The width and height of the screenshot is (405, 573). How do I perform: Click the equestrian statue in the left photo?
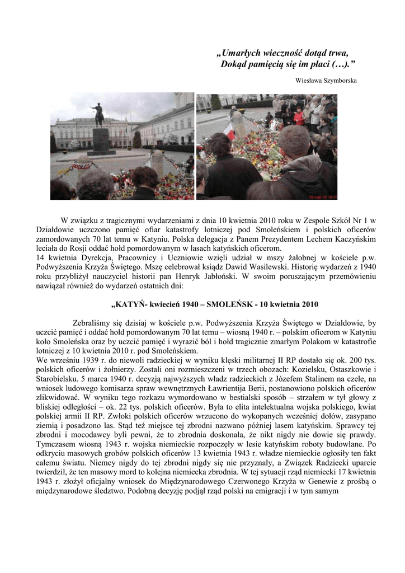tap(99, 115)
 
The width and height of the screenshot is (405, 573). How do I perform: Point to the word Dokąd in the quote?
tap(233, 64)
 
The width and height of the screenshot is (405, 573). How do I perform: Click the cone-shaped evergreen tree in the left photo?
tap(137, 140)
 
